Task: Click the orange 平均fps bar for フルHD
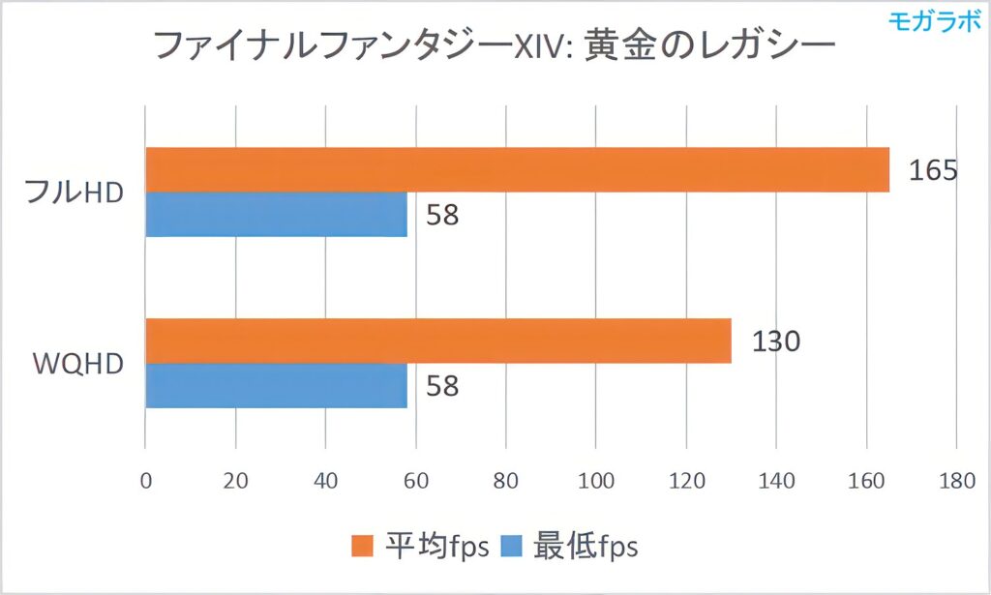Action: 517,169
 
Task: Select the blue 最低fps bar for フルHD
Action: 276,214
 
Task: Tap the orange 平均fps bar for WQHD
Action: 437,341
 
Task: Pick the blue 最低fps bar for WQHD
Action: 276,385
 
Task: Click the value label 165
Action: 933,171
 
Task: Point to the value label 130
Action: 775,342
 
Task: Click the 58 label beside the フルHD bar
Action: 442,215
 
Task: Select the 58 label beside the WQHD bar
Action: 442,386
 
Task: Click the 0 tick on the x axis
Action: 145,481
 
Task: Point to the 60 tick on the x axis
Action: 415,481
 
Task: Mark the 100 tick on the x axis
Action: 595,481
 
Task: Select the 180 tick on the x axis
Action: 956,481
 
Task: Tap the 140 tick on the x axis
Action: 776,481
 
